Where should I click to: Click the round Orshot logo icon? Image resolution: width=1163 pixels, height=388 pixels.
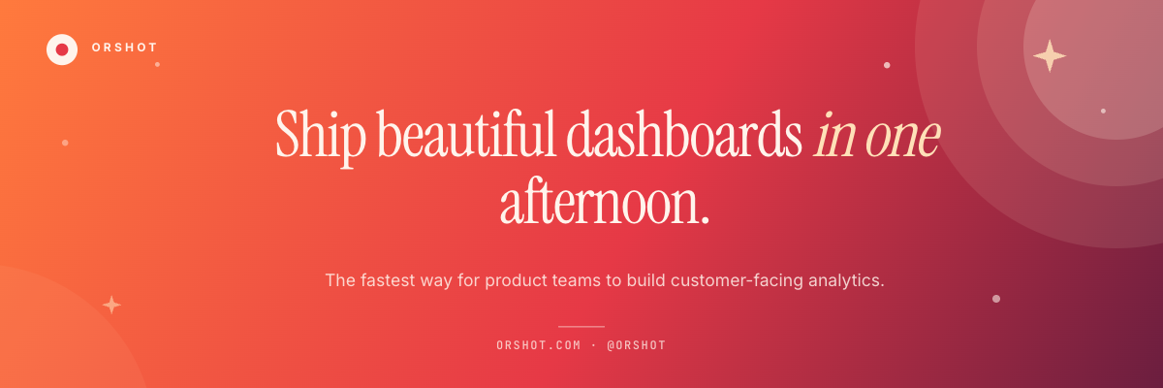pos(62,49)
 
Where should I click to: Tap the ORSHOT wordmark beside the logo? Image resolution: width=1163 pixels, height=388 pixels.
pos(125,48)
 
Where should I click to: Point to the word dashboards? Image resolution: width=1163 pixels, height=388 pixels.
pos(684,134)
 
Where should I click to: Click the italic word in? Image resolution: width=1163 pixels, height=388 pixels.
pos(833,135)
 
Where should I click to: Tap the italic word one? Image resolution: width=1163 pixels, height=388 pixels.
pos(903,141)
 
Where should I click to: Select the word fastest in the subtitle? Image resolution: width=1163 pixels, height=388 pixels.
pos(388,280)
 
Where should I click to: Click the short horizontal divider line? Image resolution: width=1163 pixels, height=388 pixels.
pos(581,326)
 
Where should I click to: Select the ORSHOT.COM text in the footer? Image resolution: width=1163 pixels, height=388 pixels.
pos(539,345)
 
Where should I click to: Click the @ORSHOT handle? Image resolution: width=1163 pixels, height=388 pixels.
pos(636,345)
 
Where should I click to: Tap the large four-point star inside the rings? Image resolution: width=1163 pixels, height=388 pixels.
pos(1050,55)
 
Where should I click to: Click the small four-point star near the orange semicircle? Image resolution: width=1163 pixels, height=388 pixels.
pos(111,305)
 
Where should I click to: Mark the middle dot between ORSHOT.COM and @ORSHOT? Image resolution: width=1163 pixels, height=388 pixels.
pos(593,345)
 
